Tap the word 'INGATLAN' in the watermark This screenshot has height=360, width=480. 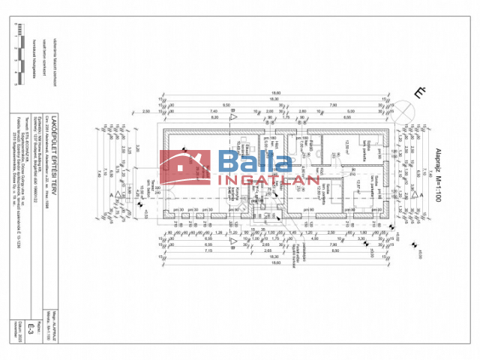[268, 179]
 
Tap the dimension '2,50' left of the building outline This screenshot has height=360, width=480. [145, 110]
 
